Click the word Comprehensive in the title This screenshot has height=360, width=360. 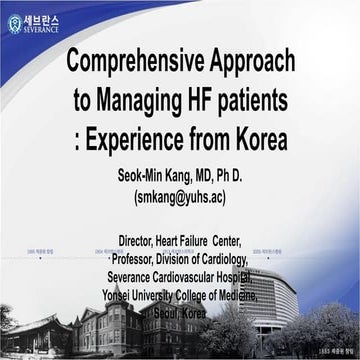pyautogui.click(x=134, y=62)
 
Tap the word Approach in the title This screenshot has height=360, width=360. pyautogui.click(x=252, y=62)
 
